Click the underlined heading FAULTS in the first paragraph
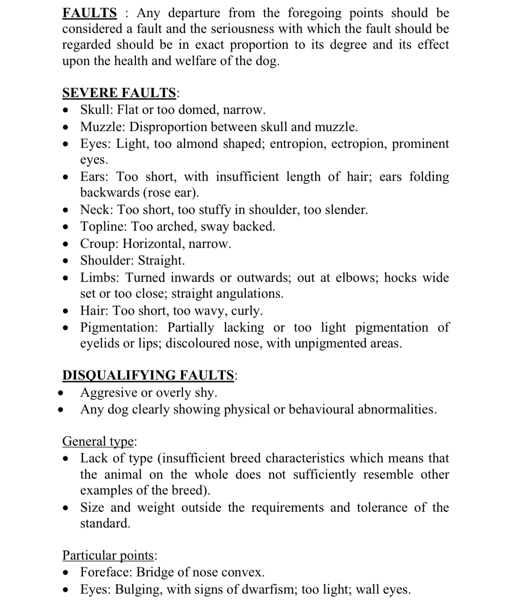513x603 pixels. tap(89, 13)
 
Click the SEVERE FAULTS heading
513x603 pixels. tap(119, 93)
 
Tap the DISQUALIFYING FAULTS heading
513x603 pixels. tap(148, 375)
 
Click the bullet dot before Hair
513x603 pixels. tap(67, 311)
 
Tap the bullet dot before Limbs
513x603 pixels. tap(67, 278)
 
